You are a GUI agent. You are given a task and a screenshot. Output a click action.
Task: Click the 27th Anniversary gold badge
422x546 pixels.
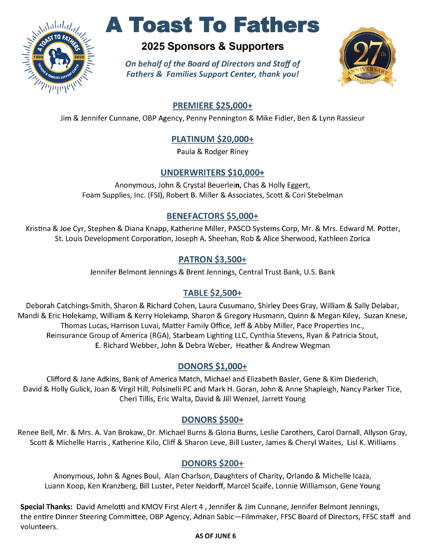(367, 57)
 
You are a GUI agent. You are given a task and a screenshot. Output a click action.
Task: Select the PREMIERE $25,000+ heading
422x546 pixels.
(212, 106)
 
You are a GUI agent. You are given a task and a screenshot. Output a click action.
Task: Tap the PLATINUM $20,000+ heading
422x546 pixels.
(212, 139)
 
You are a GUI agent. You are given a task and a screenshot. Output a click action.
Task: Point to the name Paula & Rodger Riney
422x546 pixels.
(212, 152)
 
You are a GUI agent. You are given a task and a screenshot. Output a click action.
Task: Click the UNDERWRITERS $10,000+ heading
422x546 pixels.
(212, 173)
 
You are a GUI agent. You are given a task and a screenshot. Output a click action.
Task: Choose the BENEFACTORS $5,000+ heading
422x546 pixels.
(212, 216)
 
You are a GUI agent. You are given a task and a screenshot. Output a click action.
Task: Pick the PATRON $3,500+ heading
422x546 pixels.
(212, 260)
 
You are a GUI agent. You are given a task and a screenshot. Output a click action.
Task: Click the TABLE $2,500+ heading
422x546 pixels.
(212, 293)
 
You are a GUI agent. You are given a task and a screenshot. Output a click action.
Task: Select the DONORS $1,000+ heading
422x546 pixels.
(212, 366)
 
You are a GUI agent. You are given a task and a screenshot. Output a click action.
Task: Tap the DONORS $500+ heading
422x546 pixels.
(212, 420)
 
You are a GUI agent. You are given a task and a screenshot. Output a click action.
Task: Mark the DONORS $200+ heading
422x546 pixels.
(212, 463)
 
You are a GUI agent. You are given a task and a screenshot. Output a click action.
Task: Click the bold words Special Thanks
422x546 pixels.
(46, 507)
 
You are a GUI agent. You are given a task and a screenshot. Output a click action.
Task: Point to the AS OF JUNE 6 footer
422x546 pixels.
(215, 536)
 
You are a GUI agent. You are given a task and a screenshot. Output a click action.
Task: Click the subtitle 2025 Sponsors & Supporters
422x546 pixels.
(212, 46)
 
